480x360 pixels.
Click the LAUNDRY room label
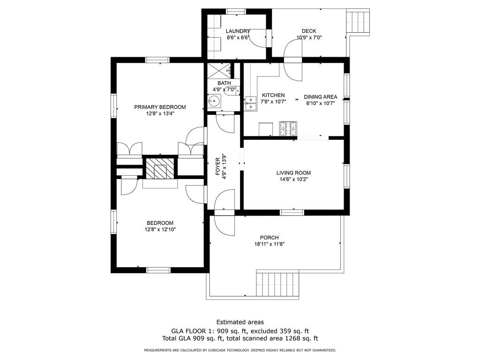(238, 31)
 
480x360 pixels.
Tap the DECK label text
(309, 31)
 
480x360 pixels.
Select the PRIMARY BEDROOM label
(160, 107)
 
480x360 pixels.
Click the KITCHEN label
(273, 95)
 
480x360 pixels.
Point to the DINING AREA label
(321, 97)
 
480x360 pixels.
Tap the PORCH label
(269, 237)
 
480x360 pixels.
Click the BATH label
(224, 83)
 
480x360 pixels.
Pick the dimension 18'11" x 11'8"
(269, 244)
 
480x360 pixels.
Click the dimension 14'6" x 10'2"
(293, 179)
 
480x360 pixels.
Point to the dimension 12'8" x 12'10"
(160, 230)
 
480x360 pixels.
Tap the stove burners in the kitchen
(289, 128)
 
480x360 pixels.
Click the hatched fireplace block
(159, 168)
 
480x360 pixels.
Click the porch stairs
(277, 283)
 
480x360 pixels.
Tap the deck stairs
(358, 21)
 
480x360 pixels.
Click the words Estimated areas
(240, 322)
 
